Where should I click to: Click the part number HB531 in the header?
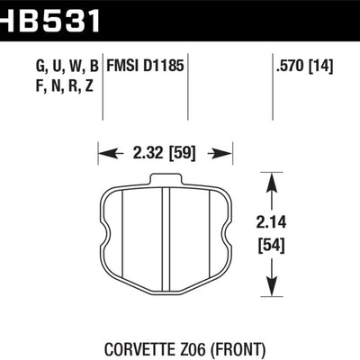coord(49,15)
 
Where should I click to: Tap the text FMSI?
coord(125,66)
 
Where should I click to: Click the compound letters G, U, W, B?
coord(69,66)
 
